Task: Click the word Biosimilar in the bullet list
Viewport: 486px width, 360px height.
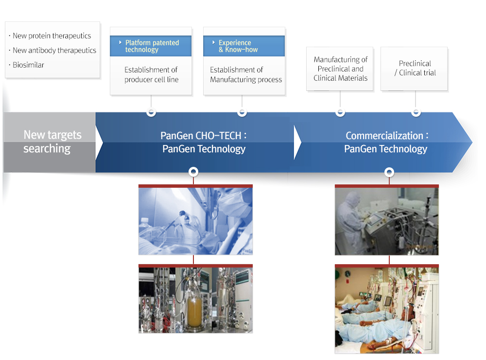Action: pos(28,65)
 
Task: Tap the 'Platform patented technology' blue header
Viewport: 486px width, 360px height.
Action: pos(151,46)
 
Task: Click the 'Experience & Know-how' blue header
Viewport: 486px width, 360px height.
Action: pos(244,46)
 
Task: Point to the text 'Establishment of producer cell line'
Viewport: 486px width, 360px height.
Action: pos(151,74)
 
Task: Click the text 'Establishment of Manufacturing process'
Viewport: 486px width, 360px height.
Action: pos(246,74)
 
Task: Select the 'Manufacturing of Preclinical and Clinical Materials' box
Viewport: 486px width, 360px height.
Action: pos(340,69)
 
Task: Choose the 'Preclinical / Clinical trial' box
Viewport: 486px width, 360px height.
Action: pos(414,69)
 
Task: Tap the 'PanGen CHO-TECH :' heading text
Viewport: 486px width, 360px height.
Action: pos(203,136)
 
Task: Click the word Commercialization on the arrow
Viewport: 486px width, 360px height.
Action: pos(384,136)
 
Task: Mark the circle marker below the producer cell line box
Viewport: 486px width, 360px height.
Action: pos(151,112)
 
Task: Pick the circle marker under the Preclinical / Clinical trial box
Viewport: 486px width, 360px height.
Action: pos(416,112)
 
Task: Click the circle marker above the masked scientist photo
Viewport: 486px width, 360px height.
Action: pos(193,172)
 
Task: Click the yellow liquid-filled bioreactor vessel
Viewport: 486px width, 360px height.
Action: pos(194,310)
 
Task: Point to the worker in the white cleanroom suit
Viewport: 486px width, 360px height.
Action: pos(351,220)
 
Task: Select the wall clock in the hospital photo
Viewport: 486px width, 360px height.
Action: pos(348,274)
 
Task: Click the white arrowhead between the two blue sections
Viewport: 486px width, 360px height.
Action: pos(297,142)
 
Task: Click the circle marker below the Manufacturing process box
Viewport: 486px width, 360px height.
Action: pos(242,112)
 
